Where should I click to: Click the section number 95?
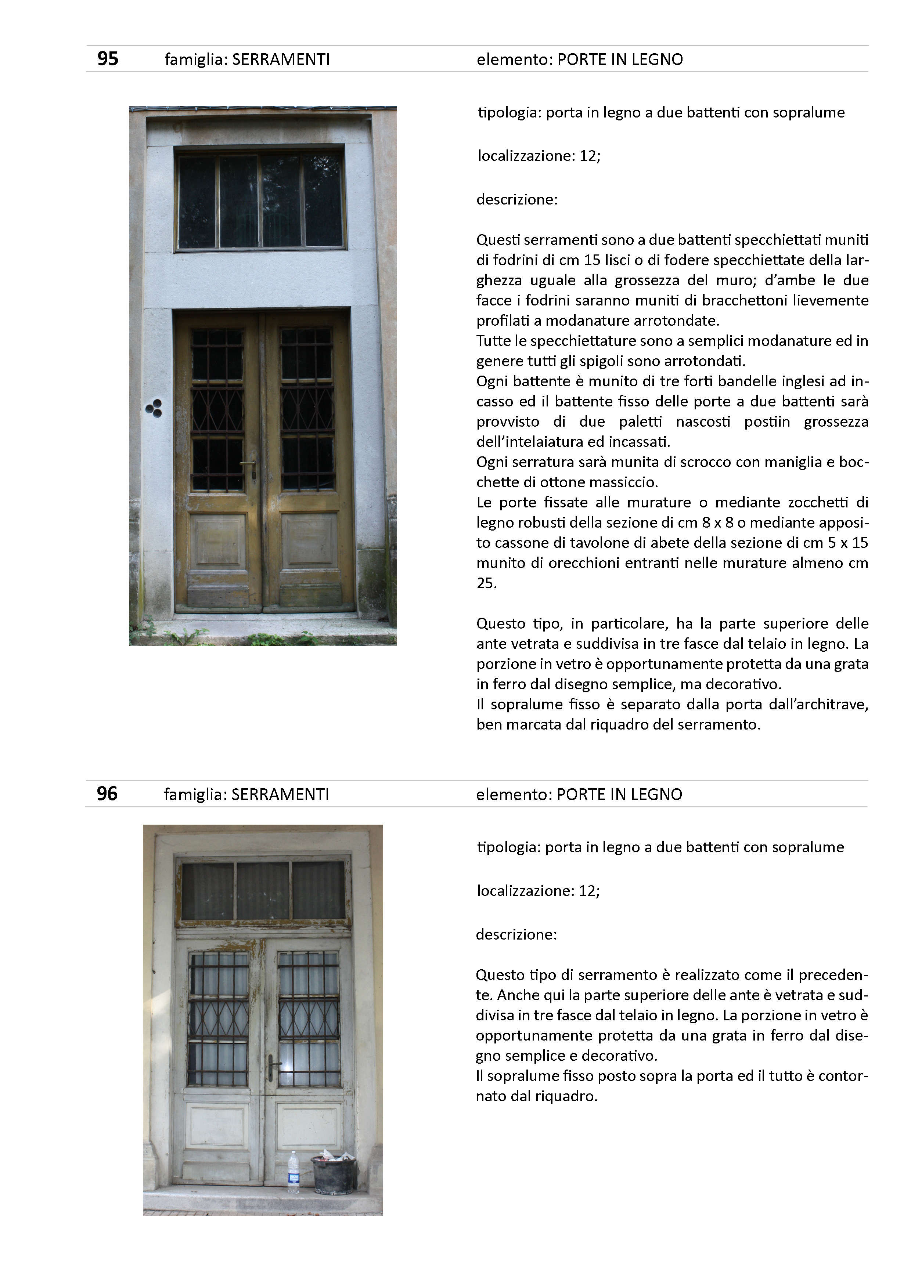107,59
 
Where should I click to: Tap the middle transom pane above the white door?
263,890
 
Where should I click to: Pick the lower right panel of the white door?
309,1125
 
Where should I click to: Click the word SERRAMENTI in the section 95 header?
281,59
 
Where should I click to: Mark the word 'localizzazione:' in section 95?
526,156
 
